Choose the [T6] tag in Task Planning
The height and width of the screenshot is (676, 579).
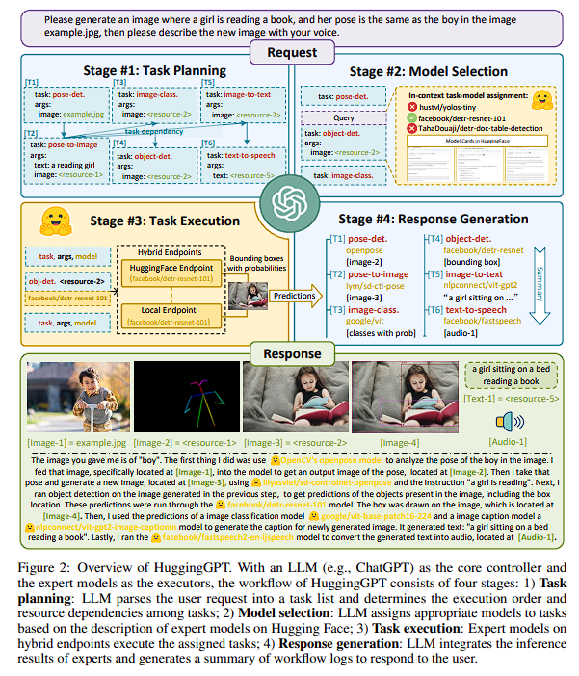pos(207,143)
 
